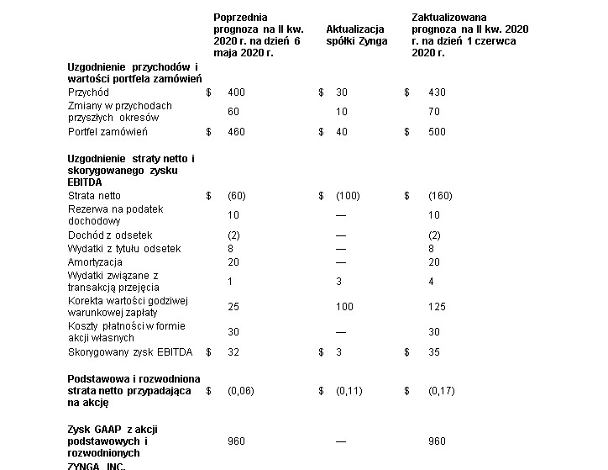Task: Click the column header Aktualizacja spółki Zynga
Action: coord(356,34)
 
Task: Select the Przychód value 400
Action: coord(236,92)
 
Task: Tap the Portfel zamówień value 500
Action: coord(437,132)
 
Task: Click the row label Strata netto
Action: coord(94,196)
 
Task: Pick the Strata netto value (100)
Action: coord(348,196)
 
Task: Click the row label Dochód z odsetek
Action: coord(110,235)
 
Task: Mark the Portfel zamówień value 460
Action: coord(236,132)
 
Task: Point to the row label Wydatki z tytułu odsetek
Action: coord(124,249)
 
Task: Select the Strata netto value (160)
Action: coord(440,196)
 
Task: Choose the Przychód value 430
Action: coord(437,92)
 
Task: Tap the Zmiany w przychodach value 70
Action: coord(434,112)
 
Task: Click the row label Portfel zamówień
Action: coord(107,132)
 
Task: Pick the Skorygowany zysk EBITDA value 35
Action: coord(434,352)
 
